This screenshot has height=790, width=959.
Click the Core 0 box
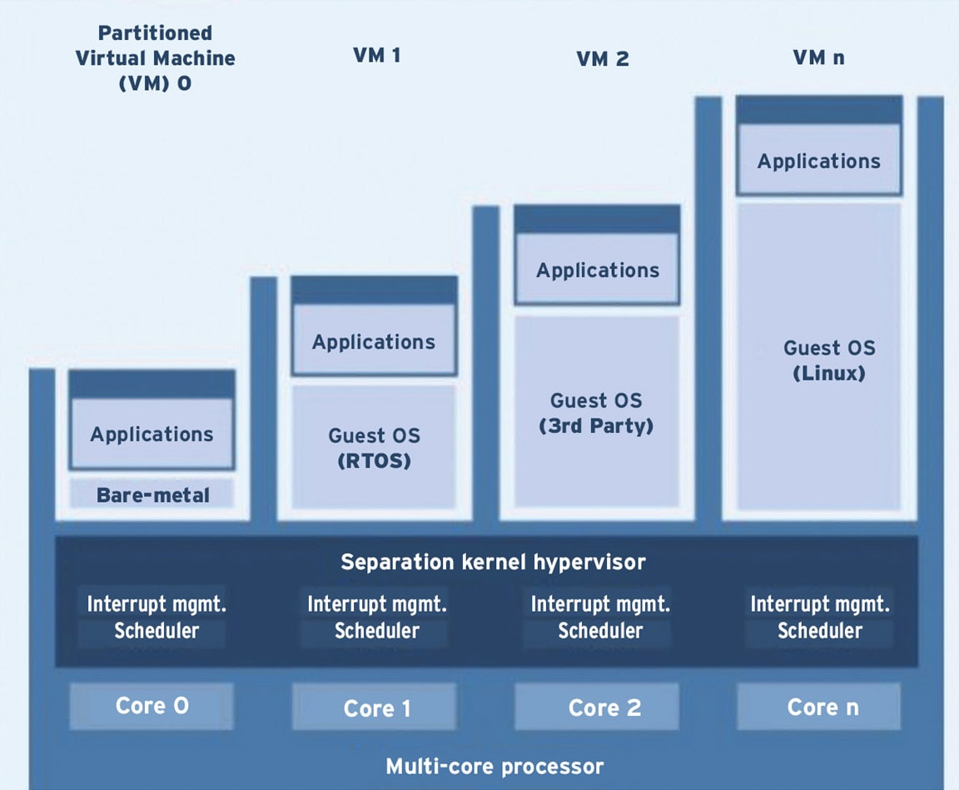[x=152, y=706]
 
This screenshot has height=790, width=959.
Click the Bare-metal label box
[x=152, y=494]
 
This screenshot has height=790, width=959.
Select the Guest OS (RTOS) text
[x=375, y=448]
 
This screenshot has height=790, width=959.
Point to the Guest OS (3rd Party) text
[x=596, y=414]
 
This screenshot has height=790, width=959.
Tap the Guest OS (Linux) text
[x=829, y=360]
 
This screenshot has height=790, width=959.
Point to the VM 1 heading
[x=377, y=56]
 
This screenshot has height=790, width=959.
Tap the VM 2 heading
[x=603, y=59]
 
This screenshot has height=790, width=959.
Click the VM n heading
[x=818, y=57]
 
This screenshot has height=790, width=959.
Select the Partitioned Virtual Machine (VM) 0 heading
[x=156, y=58]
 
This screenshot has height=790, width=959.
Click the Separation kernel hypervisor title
[x=493, y=562]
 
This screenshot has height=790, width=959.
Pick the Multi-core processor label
[x=494, y=766]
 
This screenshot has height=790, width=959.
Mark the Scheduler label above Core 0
[x=157, y=630]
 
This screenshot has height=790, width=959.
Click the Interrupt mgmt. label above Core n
[x=819, y=604]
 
